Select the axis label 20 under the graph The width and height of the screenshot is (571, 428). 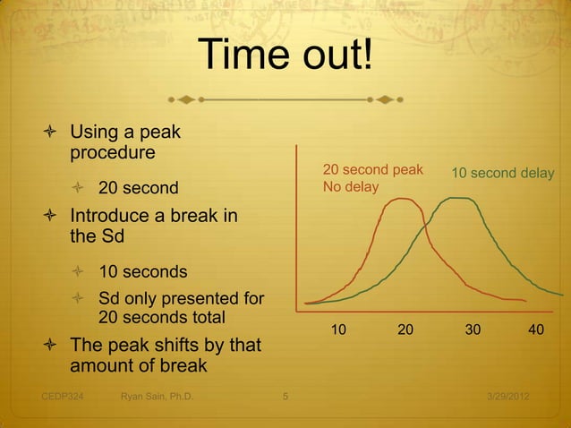(405, 330)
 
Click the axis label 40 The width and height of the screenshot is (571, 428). (537, 330)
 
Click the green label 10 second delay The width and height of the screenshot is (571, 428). (502, 173)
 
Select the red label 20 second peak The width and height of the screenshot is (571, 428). (372, 169)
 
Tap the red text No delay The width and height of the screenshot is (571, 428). (351, 187)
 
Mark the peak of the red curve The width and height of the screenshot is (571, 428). (400, 199)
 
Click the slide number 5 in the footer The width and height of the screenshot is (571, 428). (285, 396)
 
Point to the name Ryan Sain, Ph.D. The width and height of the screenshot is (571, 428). (158, 396)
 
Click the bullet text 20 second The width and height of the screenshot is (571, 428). (138, 189)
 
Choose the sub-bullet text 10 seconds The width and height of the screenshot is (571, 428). (143, 271)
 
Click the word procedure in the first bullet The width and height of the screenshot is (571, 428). (113, 153)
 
